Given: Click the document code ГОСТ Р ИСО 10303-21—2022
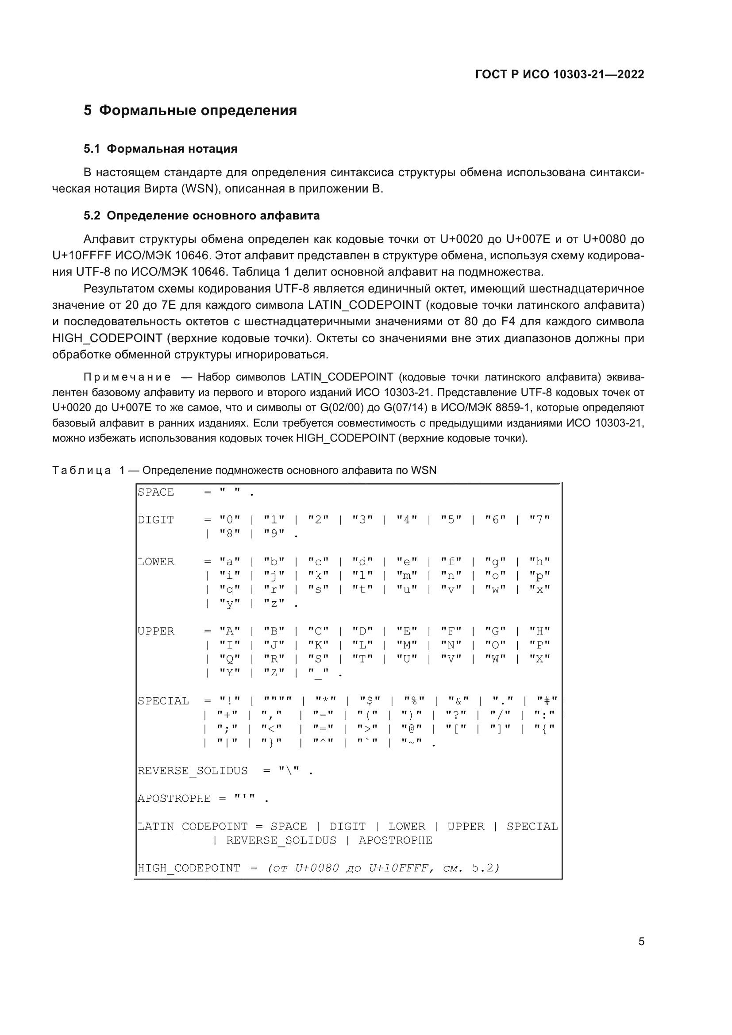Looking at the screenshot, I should click(x=559, y=74).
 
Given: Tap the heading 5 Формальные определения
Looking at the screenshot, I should click(x=190, y=111).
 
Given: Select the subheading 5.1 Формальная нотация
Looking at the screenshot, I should click(x=161, y=149).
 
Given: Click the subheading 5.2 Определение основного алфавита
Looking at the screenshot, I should click(x=201, y=215).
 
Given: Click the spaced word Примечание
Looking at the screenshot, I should click(x=127, y=377).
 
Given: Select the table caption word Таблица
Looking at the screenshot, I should click(x=81, y=470).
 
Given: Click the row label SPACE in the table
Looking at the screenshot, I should click(x=155, y=492).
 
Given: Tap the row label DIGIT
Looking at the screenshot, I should click(x=155, y=520).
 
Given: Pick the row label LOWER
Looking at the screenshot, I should click(x=155, y=562).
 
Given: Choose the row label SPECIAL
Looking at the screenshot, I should click(x=163, y=701).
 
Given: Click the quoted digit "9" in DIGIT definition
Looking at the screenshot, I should click(x=274, y=534).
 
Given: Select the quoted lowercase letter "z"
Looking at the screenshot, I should click(x=274, y=603).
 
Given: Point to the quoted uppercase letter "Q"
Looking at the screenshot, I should click(x=229, y=658).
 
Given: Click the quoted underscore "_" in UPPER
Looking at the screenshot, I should click(x=318, y=673).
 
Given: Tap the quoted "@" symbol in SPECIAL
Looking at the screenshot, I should click(x=412, y=728).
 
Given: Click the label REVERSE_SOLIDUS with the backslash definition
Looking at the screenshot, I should click(x=193, y=771).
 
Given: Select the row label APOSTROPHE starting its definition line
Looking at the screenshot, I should click(x=174, y=798).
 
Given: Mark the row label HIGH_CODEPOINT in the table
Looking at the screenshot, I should click(x=189, y=868).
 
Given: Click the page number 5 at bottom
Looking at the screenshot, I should click(x=641, y=942).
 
